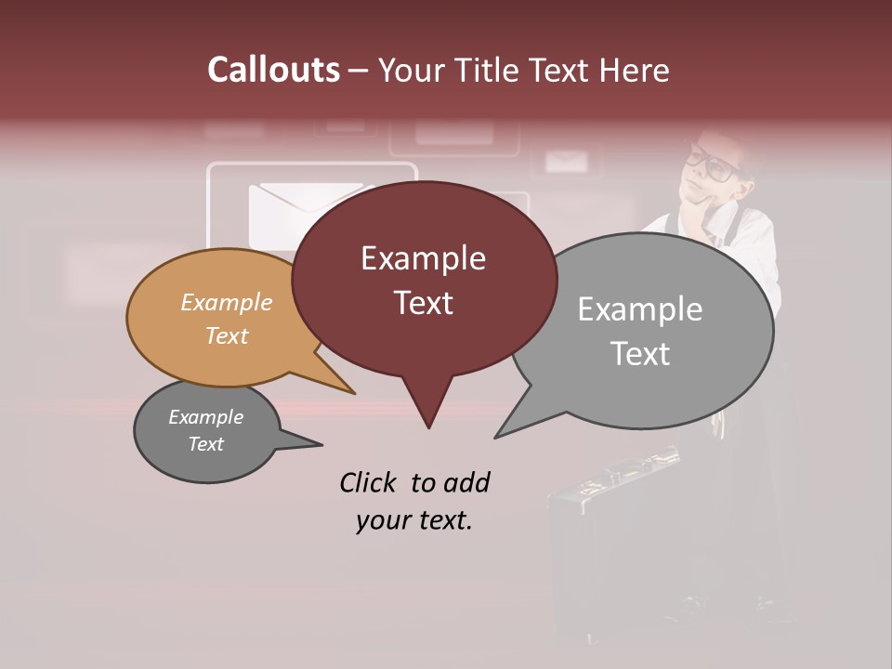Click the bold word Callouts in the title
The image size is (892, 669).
273,70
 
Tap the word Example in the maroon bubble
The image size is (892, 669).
423,258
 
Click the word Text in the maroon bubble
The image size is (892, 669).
423,303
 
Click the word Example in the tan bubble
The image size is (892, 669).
227,303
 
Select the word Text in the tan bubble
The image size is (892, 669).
227,336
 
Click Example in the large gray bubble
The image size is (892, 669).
639,309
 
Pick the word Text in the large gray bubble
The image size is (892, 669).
640,354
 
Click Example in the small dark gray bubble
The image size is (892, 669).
205,417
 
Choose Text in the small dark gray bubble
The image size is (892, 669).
205,444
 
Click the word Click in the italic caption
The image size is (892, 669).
370,482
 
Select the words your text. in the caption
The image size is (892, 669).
414,521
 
